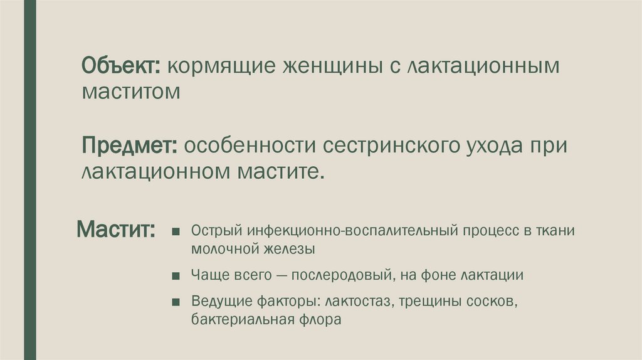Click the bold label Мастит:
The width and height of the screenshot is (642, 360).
[x=117, y=228]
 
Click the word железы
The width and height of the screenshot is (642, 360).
[x=287, y=248]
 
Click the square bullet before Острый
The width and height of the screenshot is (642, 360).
[x=179, y=231]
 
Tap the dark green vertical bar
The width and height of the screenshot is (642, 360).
[x=30, y=180]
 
